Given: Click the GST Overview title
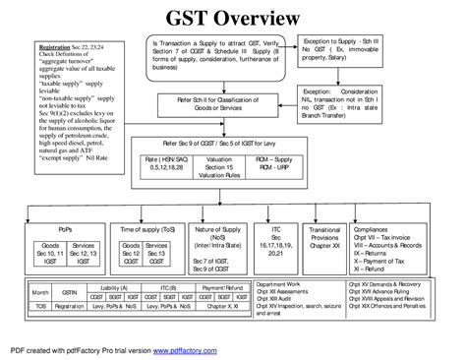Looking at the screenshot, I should point(233,19).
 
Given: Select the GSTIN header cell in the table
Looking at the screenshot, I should point(67,292).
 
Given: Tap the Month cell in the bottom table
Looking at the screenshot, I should point(38,292).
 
